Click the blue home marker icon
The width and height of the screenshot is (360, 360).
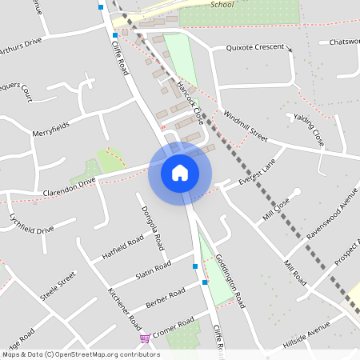pos(179,172)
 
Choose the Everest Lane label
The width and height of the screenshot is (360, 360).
pos(256,174)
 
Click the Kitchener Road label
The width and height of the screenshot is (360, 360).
pos(124,307)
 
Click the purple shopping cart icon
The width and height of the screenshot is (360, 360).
pos(145,338)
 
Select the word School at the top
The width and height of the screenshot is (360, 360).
pos(222,4)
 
